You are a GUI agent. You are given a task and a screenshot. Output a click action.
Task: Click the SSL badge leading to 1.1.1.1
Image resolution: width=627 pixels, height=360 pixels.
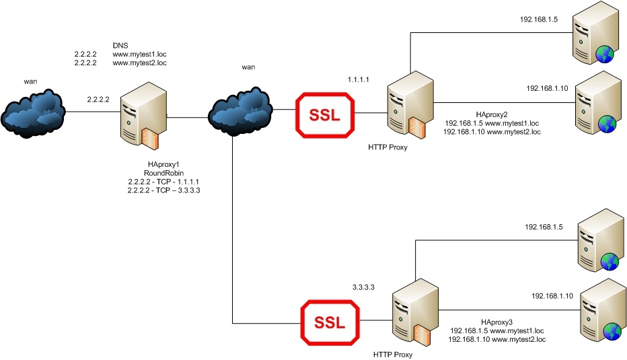328,114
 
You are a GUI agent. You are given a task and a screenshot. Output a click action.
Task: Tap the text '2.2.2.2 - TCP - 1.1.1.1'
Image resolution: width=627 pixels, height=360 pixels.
163,182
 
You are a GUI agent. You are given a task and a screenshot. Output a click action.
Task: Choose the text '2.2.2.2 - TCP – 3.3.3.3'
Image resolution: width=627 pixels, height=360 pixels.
163,190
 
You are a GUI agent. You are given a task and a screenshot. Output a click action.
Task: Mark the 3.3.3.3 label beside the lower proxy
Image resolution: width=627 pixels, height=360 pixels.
363,287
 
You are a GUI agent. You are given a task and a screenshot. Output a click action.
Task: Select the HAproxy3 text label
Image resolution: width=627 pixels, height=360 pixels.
497,322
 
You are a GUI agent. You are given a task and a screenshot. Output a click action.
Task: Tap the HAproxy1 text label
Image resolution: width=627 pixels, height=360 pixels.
164,164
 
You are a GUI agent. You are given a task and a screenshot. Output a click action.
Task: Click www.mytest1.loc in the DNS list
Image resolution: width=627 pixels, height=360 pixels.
139,52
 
